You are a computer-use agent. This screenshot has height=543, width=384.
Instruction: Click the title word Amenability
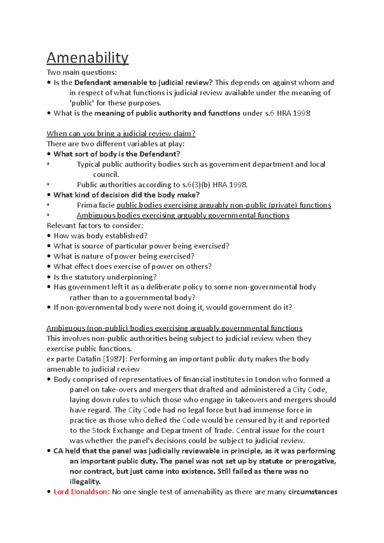click(x=87, y=58)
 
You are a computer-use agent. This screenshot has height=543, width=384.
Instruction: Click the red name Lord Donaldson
click(x=80, y=492)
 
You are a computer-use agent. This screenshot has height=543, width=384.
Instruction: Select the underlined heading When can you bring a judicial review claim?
click(x=121, y=134)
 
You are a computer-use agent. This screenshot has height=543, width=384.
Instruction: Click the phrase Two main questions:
click(x=82, y=72)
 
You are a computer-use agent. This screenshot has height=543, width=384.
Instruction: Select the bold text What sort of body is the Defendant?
click(x=117, y=154)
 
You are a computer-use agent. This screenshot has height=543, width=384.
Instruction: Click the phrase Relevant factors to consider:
click(x=95, y=226)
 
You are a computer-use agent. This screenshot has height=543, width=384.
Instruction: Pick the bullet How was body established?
click(x=100, y=236)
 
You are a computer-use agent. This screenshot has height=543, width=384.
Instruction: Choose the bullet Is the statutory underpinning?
click(x=105, y=277)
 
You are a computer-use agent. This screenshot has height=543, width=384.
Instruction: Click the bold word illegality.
click(x=85, y=482)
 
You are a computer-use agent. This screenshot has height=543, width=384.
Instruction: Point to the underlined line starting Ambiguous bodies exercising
click(x=183, y=216)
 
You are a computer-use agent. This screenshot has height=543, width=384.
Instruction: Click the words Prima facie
click(x=96, y=205)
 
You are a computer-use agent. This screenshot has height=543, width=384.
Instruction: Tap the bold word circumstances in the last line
click(x=313, y=492)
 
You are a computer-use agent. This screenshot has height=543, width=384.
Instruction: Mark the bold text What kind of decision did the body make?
click(x=126, y=195)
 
